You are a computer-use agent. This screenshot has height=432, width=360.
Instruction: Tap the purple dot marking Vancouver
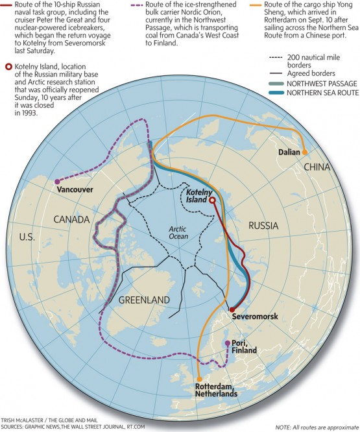pos(58,181)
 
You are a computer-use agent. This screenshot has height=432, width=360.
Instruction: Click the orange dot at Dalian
pos(304,152)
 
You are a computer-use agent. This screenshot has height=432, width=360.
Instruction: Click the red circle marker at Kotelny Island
pos(212,201)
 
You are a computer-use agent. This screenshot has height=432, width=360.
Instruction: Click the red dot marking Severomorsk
pos(231,310)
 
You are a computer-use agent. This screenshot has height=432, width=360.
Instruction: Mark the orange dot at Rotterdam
pos(199,379)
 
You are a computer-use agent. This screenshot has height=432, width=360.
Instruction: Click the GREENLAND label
pos(144,300)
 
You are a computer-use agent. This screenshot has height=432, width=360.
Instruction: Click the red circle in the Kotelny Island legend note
pos(8,66)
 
